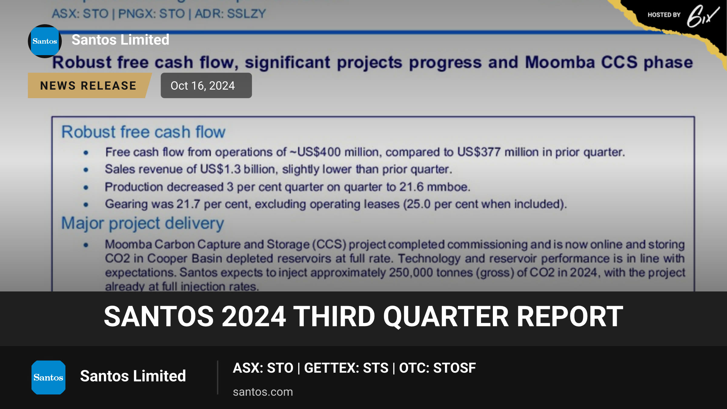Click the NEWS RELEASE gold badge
click(89, 85)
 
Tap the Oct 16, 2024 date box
click(206, 85)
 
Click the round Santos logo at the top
click(45, 41)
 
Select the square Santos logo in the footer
click(48, 377)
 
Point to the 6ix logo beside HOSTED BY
click(703, 16)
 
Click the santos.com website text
click(263, 392)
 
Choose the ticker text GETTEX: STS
click(346, 368)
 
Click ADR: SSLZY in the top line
click(230, 14)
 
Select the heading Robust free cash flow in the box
click(143, 132)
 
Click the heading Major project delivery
click(143, 224)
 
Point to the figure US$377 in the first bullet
click(479, 152)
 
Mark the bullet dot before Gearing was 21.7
click(86, 205)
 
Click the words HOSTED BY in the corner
click(664, 15)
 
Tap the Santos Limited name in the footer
click(133, 376)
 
